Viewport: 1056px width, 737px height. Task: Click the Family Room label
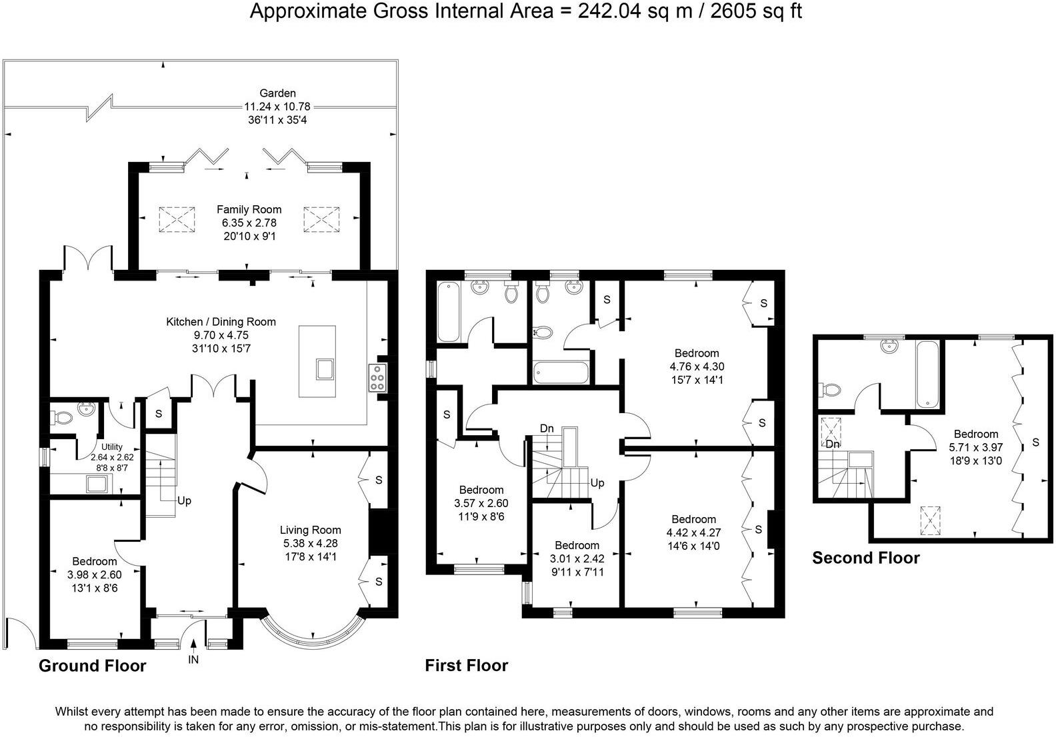(249, 209)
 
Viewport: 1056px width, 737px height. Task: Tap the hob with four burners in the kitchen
(377, 378)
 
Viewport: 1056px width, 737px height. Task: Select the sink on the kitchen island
(325, 369)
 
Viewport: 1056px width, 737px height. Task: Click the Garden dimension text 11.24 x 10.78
(277, 107)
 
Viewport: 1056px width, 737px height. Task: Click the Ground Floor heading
(92, 665)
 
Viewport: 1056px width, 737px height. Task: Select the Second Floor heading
(865, 558)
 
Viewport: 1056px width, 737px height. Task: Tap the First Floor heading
(466, 665)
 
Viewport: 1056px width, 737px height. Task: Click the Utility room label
(112, 447)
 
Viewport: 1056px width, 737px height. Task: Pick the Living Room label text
(310, 530)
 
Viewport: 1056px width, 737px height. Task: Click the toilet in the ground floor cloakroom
(61, 418)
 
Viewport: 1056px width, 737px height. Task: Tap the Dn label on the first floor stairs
(547, 428)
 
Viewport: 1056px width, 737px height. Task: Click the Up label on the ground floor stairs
(184, 500)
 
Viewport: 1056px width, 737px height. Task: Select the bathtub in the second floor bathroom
(927, 374)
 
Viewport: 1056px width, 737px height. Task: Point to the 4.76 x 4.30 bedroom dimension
(697, 367)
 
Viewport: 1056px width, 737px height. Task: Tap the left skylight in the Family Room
(178, 219)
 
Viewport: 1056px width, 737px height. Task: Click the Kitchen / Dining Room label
(221, 322)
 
